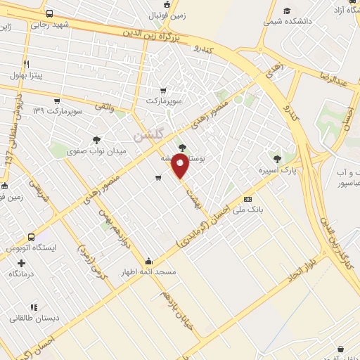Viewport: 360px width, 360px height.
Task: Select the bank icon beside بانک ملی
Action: (247, 199)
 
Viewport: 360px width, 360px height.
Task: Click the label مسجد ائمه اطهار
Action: (148, 271)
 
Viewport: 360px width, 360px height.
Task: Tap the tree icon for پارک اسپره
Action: (276, 159)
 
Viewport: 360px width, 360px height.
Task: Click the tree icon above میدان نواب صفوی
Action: (96, 139)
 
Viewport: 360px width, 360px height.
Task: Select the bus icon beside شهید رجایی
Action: (49, 13)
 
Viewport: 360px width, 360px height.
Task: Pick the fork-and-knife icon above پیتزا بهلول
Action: (26, 63)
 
